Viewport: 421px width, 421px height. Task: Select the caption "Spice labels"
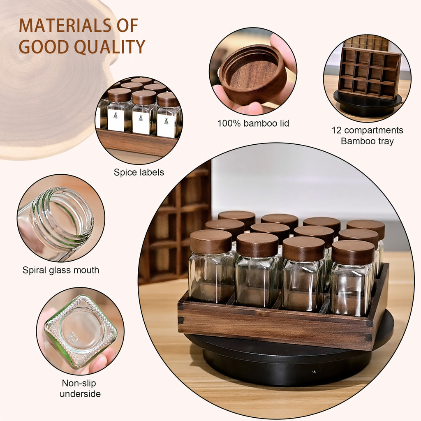click(x=139, y=172)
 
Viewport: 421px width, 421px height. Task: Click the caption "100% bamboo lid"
click(x=253, y=123)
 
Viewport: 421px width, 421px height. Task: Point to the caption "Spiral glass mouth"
click(x=61, y=270)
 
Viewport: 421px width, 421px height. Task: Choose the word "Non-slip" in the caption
click(x=79, y=383)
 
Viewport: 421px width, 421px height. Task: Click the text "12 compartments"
click(x=367, y=130)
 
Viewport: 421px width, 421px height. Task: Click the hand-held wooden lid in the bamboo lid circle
click(x=253, y=74)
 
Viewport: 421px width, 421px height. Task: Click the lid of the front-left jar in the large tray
click(x=211, y=241)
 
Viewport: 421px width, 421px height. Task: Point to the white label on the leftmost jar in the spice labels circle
click(x=116, y=120)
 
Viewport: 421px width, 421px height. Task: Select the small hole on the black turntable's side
click(x=314, y=372)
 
